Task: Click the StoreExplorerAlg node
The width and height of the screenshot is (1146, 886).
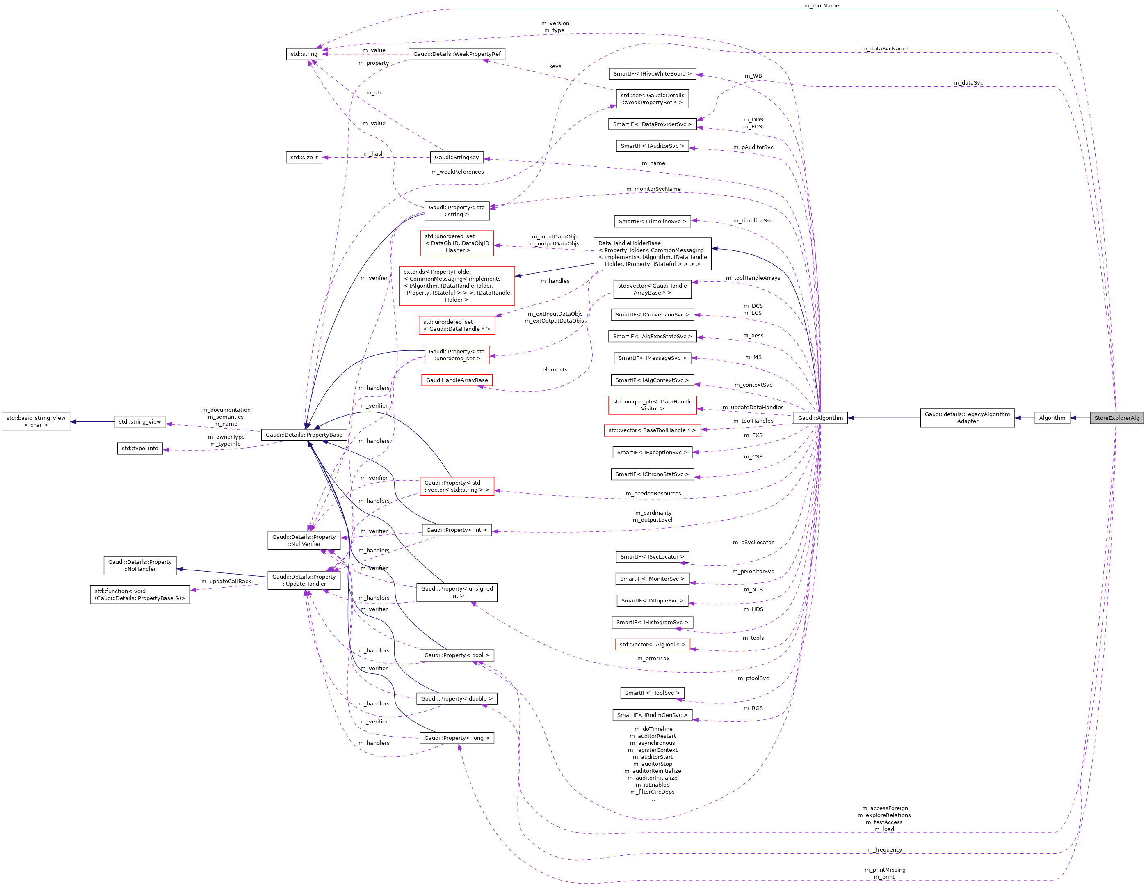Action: (x=1116, y=418)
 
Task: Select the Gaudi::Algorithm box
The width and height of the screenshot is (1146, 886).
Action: (x=820, y=418)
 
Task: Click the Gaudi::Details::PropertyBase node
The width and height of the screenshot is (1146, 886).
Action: (x=304, y=435)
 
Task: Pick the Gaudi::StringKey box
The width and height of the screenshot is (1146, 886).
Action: (x=457, y=158)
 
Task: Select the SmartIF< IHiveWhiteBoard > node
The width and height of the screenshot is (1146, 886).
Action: (x=652, y=73)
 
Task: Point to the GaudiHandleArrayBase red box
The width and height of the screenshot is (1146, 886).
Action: (x=457, y=380)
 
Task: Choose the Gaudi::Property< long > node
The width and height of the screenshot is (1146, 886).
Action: (x=457, y=738)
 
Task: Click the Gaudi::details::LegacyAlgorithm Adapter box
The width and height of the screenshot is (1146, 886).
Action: (x=967, y=418)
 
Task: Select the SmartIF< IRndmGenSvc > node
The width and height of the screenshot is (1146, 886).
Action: (x=652, y=715)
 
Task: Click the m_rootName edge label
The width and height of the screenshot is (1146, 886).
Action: (x=821, y=6)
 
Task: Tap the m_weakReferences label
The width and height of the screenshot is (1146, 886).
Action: (x=458, y=172)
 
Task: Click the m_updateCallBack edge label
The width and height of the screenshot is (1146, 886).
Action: (x=226, y=581)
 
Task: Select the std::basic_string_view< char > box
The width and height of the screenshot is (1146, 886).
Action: (x=36, y=421)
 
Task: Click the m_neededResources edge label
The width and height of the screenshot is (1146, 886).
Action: (x=653, y=493)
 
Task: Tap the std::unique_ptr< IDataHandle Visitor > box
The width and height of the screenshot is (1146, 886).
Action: (x=652, y=405)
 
